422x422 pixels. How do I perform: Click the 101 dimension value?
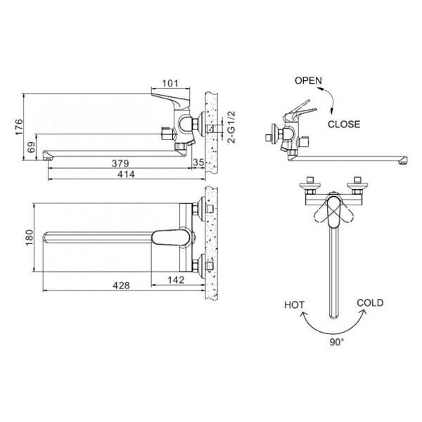pyautogui.click(x=170, y=84)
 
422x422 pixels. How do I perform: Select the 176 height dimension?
pyautogui.click(x=20, y=127)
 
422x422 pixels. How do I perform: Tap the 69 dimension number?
pyautogui.click(x=32, y=147)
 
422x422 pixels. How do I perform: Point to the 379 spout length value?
pyautogui.click(x=120, y=163)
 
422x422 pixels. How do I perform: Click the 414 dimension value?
pyautogui.click(x=126, y=174)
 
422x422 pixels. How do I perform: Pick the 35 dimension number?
pyautogui.click(x=198, y=162)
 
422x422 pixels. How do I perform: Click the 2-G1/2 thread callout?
pyautogui.click(x=231, y=127)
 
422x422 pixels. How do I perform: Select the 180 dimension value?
pyautogui.click(x=29, y=237)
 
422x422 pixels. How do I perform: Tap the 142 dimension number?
pyautogui.click(x=176, y=280)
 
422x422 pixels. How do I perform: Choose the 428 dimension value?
pyautogui.click(x=121, y=286)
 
